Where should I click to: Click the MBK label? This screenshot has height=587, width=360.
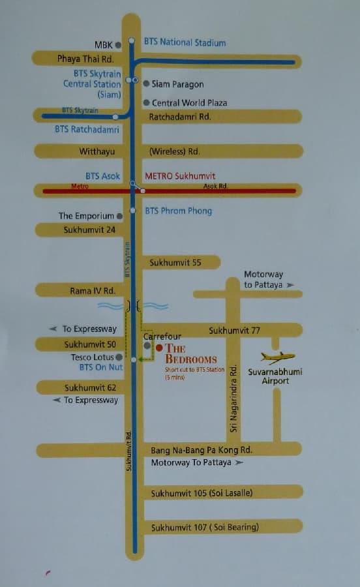coord(103,45)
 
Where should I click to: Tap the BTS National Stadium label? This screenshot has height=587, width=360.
coord(185,42)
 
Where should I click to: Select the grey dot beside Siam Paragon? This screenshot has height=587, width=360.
coord(146,83)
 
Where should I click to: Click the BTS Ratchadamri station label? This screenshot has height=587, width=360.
coord(87,129)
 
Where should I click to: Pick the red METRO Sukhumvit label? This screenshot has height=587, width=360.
coord(180,176)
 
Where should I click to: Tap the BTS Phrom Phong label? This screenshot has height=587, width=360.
coord(178,211)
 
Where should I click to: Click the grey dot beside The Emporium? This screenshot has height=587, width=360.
coord(119,216)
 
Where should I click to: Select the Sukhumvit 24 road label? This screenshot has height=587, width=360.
coord(89,230)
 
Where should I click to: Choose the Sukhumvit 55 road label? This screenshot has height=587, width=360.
coord(175,262)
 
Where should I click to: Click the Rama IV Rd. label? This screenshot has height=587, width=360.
coord(92,291)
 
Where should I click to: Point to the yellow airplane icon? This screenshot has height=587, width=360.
coord(277,357)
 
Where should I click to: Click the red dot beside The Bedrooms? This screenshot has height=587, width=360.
coord(159,348)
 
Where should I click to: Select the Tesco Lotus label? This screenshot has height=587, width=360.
coord(92,357)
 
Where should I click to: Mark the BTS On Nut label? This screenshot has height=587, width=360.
coord(101,368)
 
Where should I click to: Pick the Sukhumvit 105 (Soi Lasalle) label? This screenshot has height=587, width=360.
coord(202,493)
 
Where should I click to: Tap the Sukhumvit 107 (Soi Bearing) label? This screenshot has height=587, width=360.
coord(205,527)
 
